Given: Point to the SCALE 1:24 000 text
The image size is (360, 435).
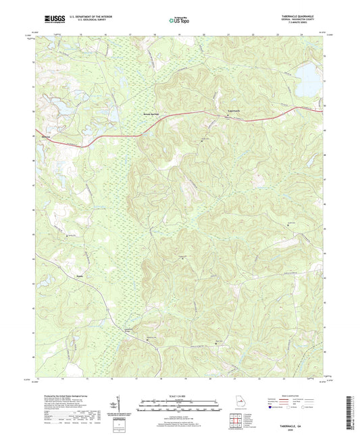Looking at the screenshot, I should pos(179,395).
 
